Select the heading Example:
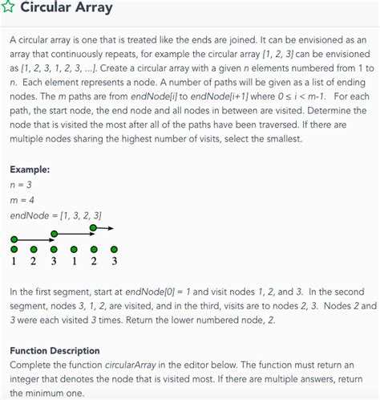30,170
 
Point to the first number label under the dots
14,260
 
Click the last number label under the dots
114,260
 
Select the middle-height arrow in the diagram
75,234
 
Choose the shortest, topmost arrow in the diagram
104,228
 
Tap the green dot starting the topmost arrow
94,228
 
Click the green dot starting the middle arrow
54,234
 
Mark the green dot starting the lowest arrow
14,239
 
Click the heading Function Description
55,350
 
